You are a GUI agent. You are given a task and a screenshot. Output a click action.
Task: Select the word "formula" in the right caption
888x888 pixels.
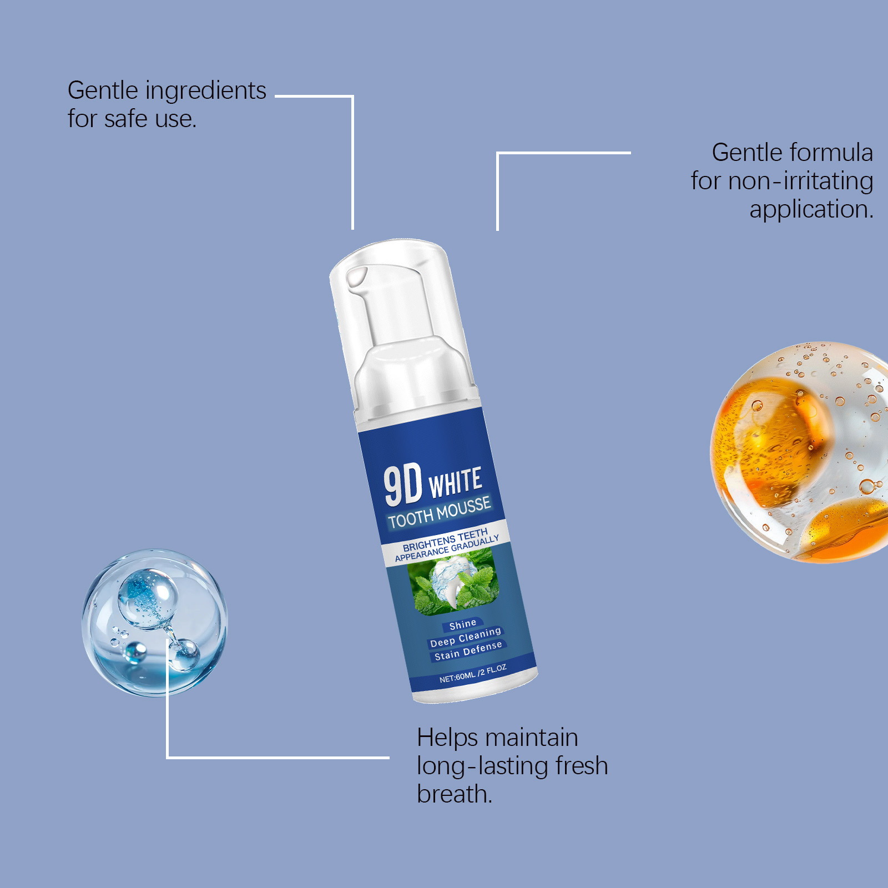point(831,152)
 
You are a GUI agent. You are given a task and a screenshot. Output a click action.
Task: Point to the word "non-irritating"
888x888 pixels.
point(801,181)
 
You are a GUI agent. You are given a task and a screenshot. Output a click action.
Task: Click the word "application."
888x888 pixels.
point(812,210)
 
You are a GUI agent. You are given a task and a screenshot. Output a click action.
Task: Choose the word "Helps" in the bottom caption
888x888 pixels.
point(447,738)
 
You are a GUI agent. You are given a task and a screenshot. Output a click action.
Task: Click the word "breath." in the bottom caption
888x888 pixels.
point(455,794)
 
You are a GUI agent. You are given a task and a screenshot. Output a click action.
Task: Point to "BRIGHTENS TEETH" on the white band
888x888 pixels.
point(445,539)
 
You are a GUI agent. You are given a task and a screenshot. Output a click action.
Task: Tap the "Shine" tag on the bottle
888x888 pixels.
point(463,625)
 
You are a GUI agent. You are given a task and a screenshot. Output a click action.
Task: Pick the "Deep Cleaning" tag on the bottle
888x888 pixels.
point(466,637)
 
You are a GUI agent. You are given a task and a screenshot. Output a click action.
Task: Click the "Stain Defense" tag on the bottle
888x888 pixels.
point(468,651)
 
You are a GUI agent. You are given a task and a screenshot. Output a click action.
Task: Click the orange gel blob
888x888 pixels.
point(800,452)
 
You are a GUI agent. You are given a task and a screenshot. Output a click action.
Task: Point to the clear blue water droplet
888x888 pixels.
point(155,622)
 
